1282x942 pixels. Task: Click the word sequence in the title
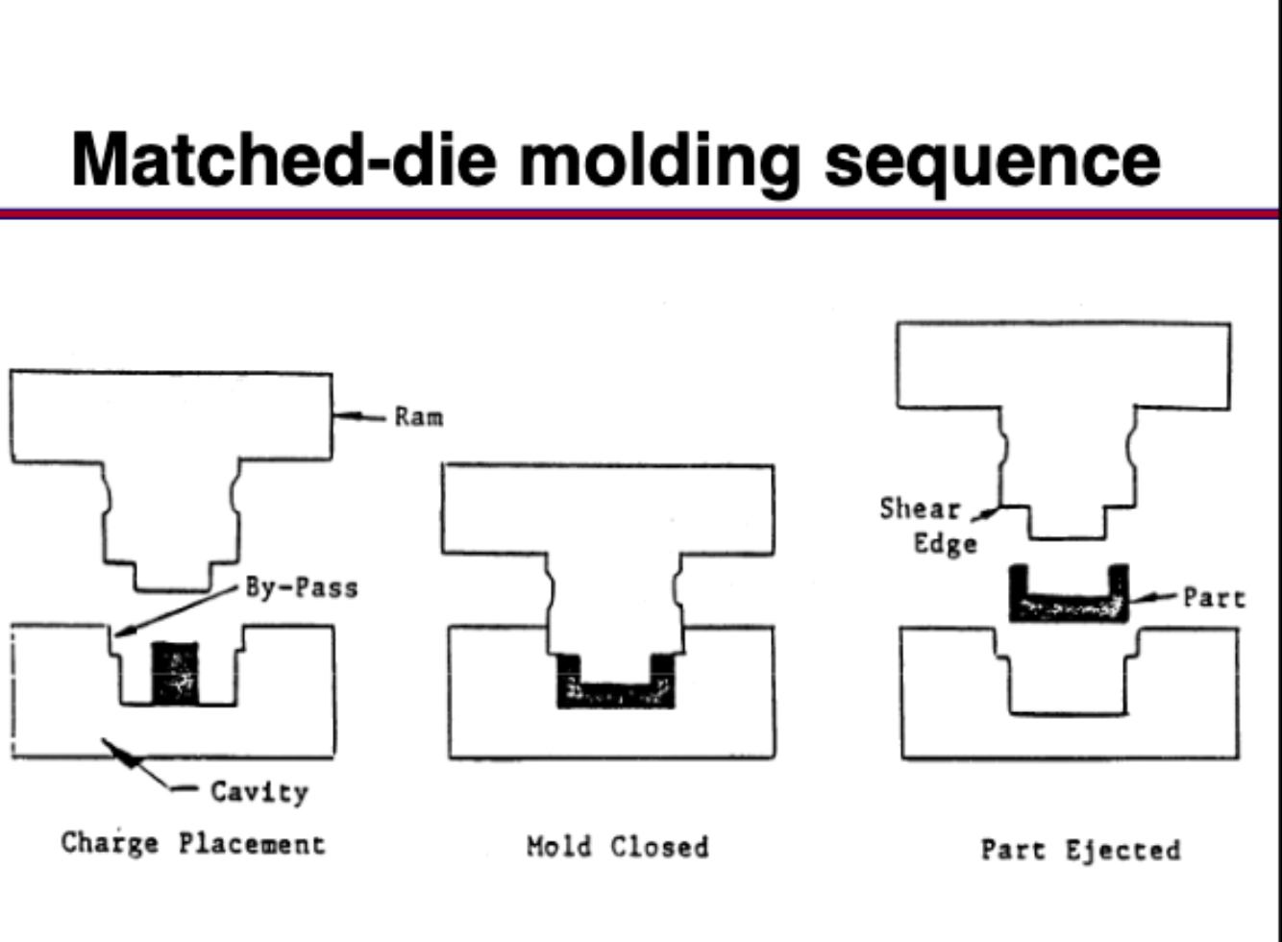pos(992,161)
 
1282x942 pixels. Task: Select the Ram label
pos(419,417)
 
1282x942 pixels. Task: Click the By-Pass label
pos(301,587)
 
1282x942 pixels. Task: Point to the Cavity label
pos(259,792)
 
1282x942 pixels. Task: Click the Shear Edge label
pos(926,526)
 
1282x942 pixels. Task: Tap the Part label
pos(1214,598)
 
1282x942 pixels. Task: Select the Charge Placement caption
pos(193,844)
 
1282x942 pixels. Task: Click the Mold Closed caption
pos(618,847)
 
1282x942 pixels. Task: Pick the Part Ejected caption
pos(1080,850)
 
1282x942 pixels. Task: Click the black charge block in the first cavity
pos(174,673)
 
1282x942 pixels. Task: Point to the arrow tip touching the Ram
pos(339,416)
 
